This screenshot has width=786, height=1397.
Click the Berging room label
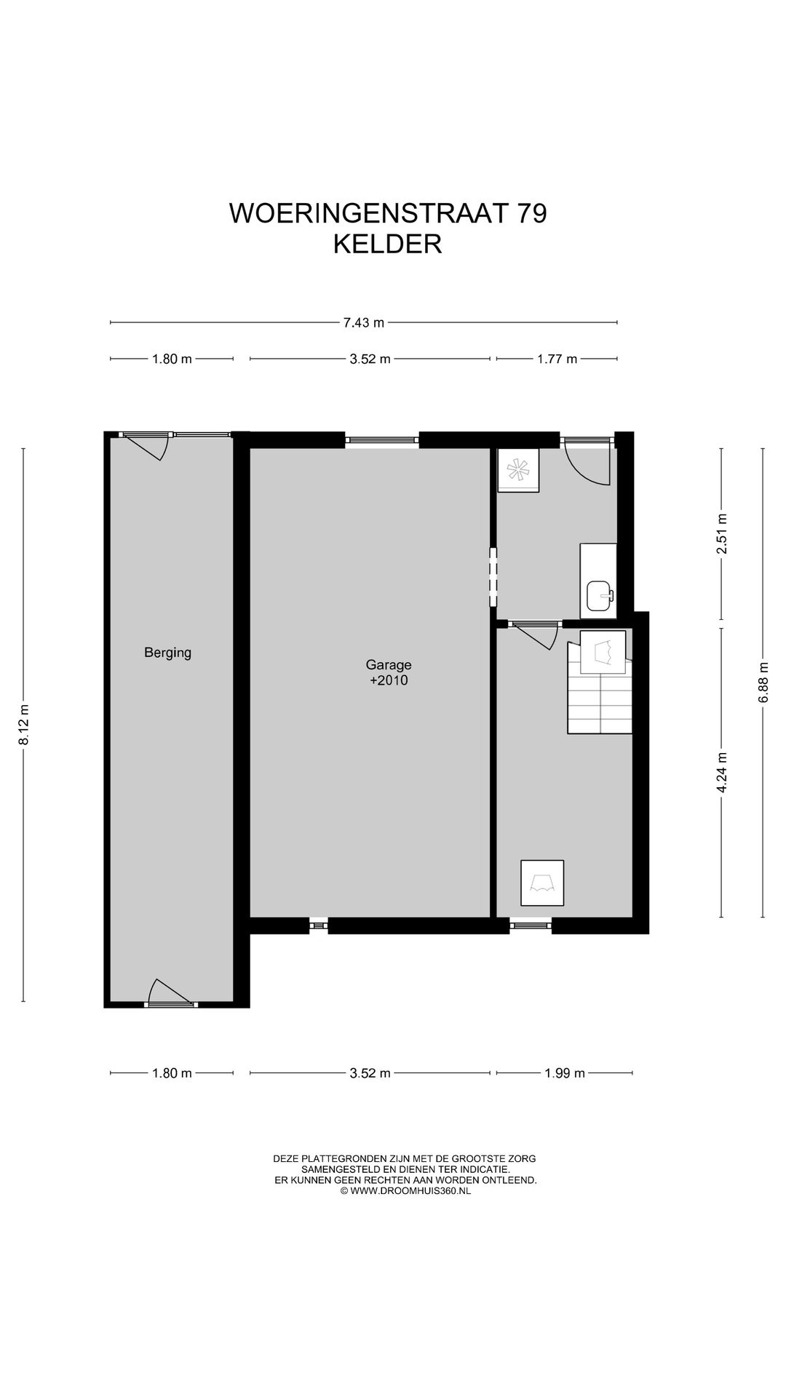pos(167,653)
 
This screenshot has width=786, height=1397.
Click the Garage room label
pos(389,664)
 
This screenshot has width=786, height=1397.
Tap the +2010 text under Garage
pos(389,681)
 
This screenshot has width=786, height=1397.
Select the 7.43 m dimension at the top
pos(364,322)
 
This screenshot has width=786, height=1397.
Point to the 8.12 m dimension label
pos(24,725)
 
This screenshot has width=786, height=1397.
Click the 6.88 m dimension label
pos(763,682)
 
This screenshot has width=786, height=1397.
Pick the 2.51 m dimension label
pos(721,534)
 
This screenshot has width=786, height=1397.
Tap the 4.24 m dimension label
pos(721,772)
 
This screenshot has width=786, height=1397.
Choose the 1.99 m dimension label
pos(565,1073)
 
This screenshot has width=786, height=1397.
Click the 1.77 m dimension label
pos(557,359)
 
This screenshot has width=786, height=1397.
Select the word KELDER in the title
pos(388,244)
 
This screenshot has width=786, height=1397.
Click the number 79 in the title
pos(531,213)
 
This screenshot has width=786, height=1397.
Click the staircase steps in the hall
pos(599,703)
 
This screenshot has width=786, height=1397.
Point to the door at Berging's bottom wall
pos(169,993)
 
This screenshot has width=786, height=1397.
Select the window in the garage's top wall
pos(382,439)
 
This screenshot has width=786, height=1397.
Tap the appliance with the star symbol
pos(518,471)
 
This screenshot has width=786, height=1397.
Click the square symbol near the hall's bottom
pos(542,883)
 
